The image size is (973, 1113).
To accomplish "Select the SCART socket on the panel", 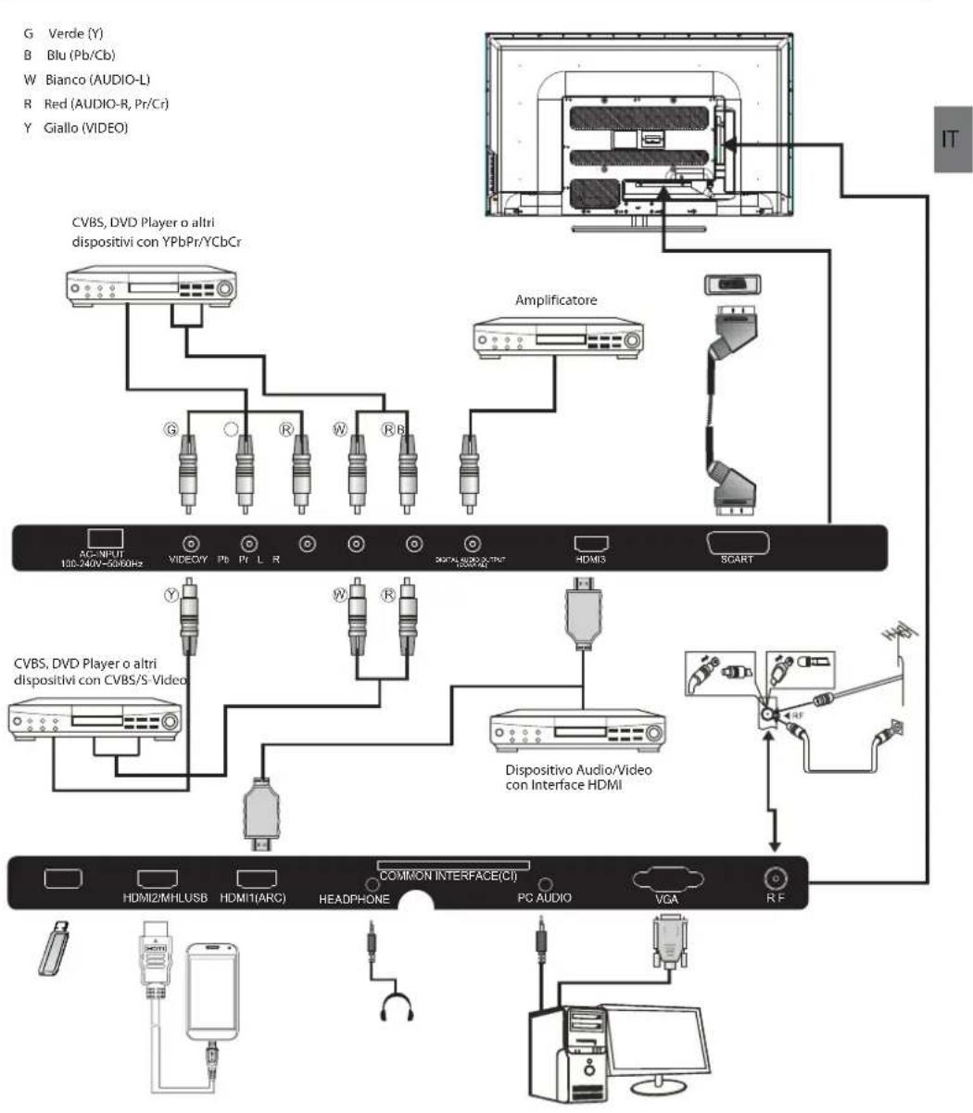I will pos(738,543).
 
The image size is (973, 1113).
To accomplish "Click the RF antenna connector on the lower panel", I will pos(775,878).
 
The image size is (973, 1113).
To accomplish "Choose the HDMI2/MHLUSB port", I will pos(158,879).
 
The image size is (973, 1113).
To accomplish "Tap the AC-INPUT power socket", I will pos(104,538).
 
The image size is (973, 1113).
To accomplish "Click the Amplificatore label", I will pos(556,300).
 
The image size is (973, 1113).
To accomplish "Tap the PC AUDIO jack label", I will pos(544,897).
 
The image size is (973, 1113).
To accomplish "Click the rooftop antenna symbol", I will pos(892,633).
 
